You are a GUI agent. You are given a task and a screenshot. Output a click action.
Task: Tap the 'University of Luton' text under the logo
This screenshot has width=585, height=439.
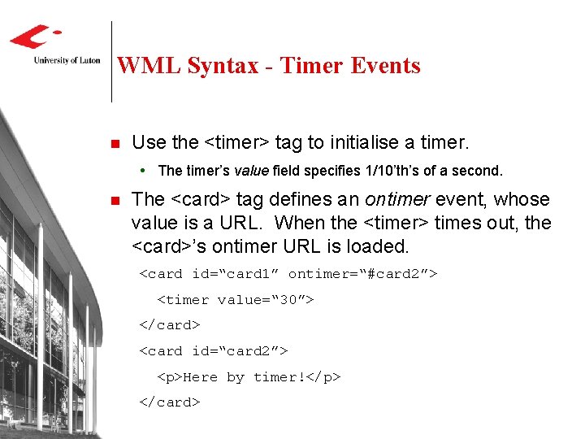[x=67, y=60]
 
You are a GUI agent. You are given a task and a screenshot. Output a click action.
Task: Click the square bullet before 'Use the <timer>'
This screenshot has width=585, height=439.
[x=115, y=144]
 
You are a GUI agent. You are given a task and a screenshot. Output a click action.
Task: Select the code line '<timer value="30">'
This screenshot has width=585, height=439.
[x=235, y=300]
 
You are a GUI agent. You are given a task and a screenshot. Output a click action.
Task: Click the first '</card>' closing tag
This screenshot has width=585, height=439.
[x=170, y=325]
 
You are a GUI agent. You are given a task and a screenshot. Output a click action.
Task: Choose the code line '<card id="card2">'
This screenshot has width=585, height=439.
[x=214, y=351]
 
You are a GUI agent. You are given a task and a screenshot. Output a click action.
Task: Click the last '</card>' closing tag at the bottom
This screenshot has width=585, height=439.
[x=170, y=402]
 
